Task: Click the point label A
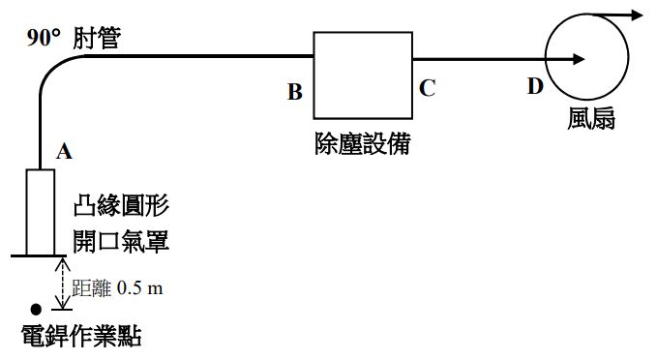point(65,150)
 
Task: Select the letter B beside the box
point(295,93)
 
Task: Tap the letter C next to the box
point(427,88)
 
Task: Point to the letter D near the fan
point(535,87)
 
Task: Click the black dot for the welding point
point(36,310)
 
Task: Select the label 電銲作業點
point(81,336)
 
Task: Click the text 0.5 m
point(139,287)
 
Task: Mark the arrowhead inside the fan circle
point(578,58)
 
